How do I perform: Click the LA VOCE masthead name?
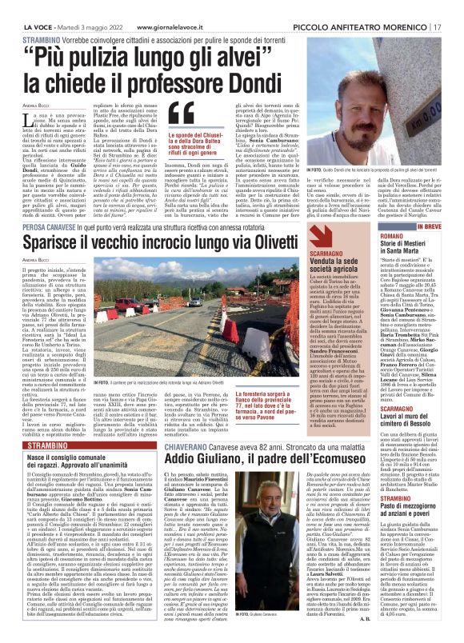37,7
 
